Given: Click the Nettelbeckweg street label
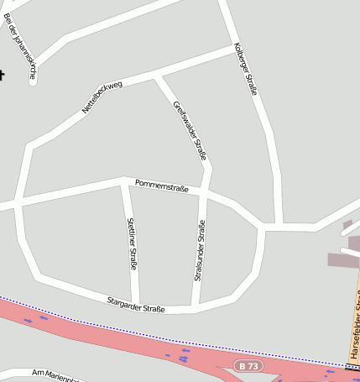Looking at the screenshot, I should pyautogui.click(x=102, y=97).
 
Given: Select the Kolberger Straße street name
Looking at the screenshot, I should pyautogui.click(x=246, y=69).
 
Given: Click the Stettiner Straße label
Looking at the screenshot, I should pyautogui.click(x=132, y=243).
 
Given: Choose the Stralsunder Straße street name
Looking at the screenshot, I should pyautogui.click(x=199, y=250).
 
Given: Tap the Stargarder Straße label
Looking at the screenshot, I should pyautogui.click(x=135, y=304).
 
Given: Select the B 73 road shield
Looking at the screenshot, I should pyautogui.click(x=247, y=366).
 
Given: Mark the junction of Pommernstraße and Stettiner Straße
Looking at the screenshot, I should pyautogui.click(x=124, y=181).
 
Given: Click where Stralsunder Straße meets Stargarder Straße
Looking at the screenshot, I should pyautogui.click(x=196, y=306).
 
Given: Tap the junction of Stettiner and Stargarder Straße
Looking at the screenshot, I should pyautogui.click(x=136, y=305).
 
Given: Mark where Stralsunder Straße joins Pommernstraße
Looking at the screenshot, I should pyautogui.click(x=203, y=192).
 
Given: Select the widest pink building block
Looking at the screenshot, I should pyautogui.click(x=342, y=261).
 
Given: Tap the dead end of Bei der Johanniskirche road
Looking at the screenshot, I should pyautogui.click(x=33, y=81).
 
